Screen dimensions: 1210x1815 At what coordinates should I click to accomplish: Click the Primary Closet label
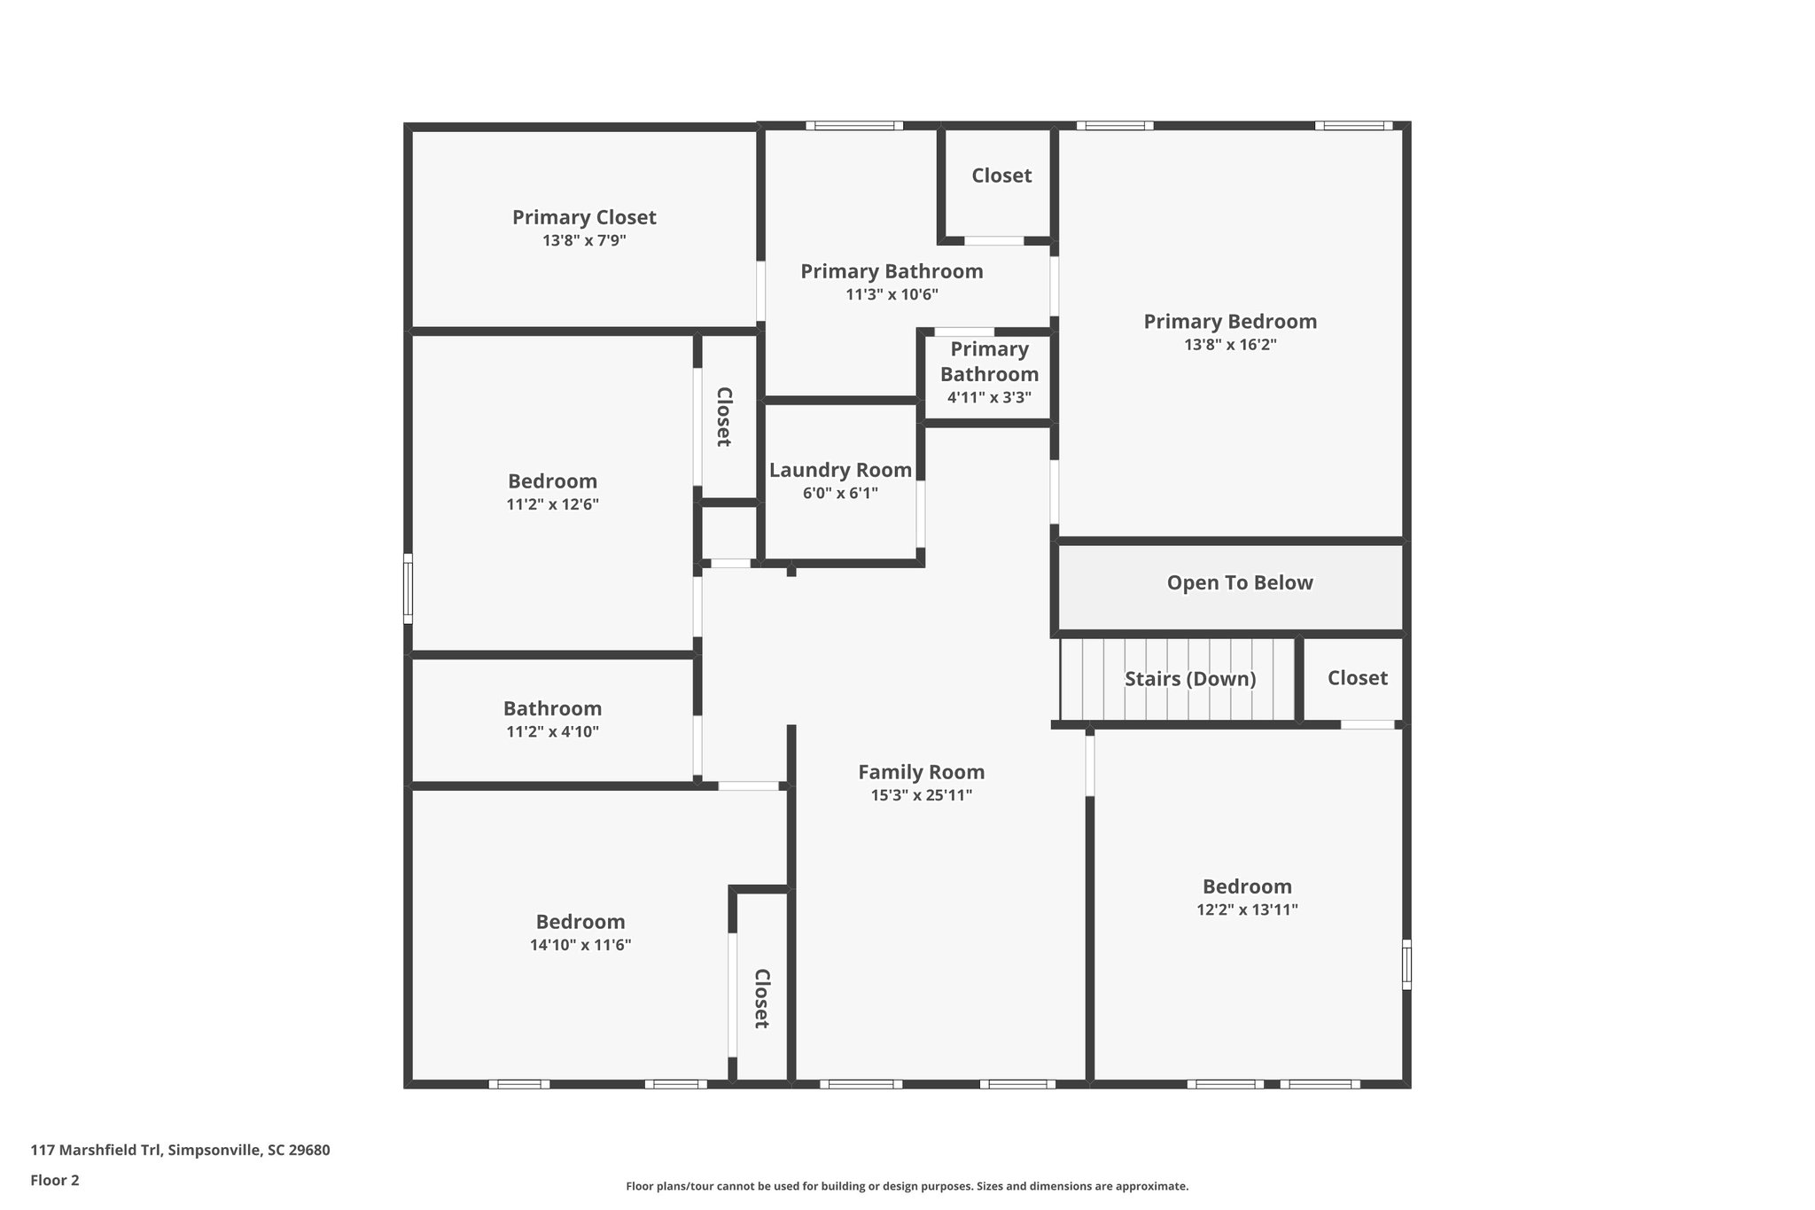pyautogui.click(x=584, y=217)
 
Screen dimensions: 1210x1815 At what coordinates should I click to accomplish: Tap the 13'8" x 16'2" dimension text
pyautogui.click(x=1230, y=345)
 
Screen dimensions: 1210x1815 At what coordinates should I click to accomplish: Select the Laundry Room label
pyautogui.click(x=840, y=471)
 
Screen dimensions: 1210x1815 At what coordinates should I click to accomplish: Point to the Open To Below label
pyautogui.click(x=1239, y=582)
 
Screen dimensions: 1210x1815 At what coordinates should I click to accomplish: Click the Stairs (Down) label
pyautogui.click(x=1190, y=679)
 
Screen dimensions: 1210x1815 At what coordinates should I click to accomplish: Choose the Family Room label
pyautogui.click(x=921, y=772)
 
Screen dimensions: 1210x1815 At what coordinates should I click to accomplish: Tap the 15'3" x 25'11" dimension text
pyautogui.click(x=921, y=795)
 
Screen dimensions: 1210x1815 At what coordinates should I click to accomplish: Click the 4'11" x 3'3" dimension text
pyautogui.click(x=989, y=398)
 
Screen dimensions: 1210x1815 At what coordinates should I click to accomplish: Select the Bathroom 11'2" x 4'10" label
pyautogui.click(x=552, y=708)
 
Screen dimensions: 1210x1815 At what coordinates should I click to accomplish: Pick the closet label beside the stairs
pyautogui.click(x=1357, y=678)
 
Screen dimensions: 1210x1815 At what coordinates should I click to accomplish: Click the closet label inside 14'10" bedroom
pyautogui.click(x=760, y=998)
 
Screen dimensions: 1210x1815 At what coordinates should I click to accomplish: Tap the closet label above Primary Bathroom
pyautogui.click(x=1001, y=176)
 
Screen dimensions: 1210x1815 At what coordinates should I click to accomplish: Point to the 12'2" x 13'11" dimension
pyautogui.click(x=1247, y=909)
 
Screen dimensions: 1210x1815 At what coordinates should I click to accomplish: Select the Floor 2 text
pyautogui.click(x=55, y=1180)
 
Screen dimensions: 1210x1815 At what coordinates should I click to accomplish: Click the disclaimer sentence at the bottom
pyautogui.click(x=907, y=1186)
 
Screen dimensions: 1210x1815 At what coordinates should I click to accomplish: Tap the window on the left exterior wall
pyautogui.click(x=409, y=589)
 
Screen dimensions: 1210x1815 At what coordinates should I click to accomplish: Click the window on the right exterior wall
pyautogui.click(x=1406, y=964)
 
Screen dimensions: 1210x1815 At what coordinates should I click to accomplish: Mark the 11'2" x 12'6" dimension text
pyautogui.click(x=552, y=504)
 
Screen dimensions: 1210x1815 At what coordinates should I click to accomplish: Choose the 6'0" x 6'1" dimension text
pyautogui.click(x=840, y=494)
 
